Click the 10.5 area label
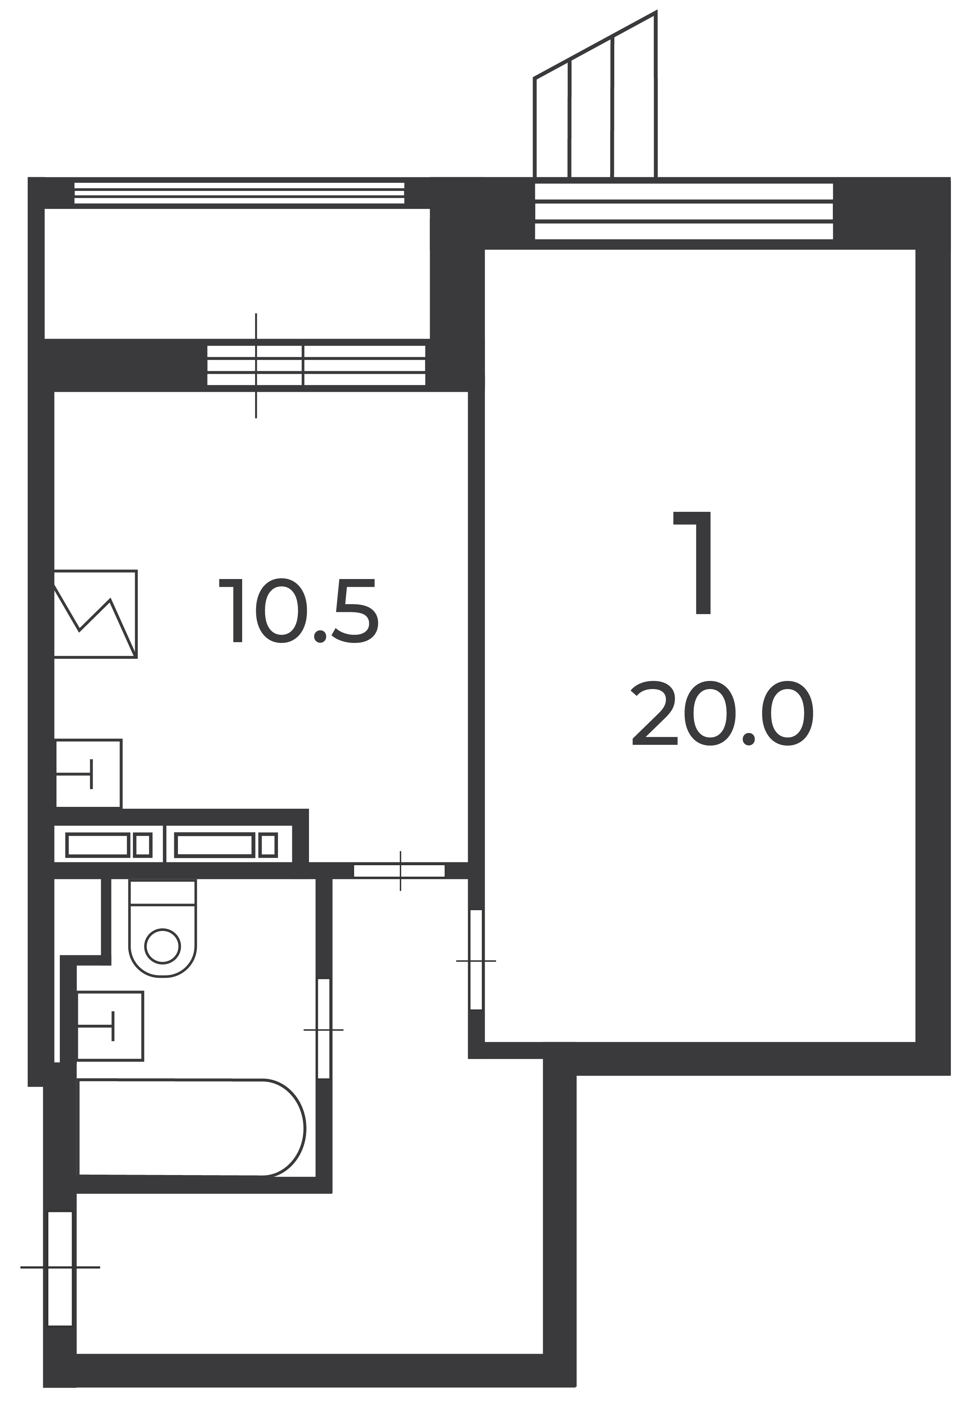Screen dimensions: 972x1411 coord(298,610)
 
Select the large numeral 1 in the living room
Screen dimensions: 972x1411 coord(693,562)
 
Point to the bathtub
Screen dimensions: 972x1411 coord(191,1128)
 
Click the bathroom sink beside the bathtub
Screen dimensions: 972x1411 coord(110,1026)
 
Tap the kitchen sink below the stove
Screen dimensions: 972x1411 coord(89,774)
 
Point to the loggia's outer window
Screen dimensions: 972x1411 coord(239,192)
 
